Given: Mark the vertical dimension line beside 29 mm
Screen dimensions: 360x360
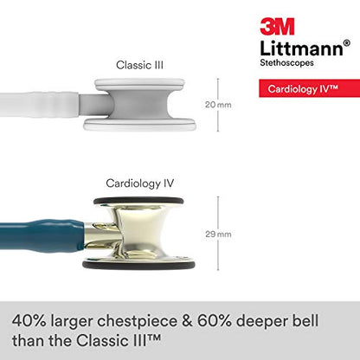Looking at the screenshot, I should [x=217, y=234].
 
